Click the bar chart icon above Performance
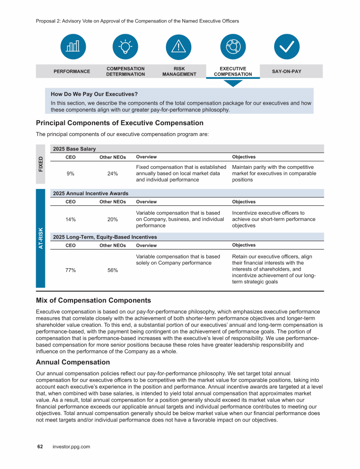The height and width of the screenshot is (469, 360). (x=73, y=46)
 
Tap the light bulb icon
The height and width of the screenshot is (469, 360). (x=126, y=46)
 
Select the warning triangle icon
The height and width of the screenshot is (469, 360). (x=179, y=46)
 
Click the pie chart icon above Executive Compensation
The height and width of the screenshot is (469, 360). (x=233, y=46)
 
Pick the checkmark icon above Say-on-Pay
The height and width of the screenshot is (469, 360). (x=286, y=46)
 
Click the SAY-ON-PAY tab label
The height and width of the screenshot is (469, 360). (x=286, y=71)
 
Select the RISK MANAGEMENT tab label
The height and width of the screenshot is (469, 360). (x=179, y=71)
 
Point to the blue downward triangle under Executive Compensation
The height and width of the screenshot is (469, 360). (x=233, y=83)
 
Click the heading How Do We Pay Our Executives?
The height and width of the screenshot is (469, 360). (x=94, y=94)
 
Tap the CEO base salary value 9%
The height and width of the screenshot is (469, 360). (x=70, y=174)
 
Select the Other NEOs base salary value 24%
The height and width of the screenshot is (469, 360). (x=112, y=174)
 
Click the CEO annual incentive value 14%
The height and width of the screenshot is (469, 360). (x=70, y=219)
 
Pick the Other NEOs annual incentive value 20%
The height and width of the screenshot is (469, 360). (x=112, y=219)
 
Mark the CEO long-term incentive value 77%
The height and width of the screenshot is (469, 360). (x=71, y=270)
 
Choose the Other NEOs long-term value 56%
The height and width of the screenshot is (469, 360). (x=112, y=270)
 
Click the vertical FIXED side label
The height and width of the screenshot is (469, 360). (x=41, y=163)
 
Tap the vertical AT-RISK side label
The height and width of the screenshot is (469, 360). (x=41, y=238)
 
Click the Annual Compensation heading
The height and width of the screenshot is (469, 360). (x=73, y=362)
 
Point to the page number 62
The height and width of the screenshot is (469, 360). (x=40, y=446)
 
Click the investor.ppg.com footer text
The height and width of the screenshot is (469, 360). (x=71, y=446)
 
